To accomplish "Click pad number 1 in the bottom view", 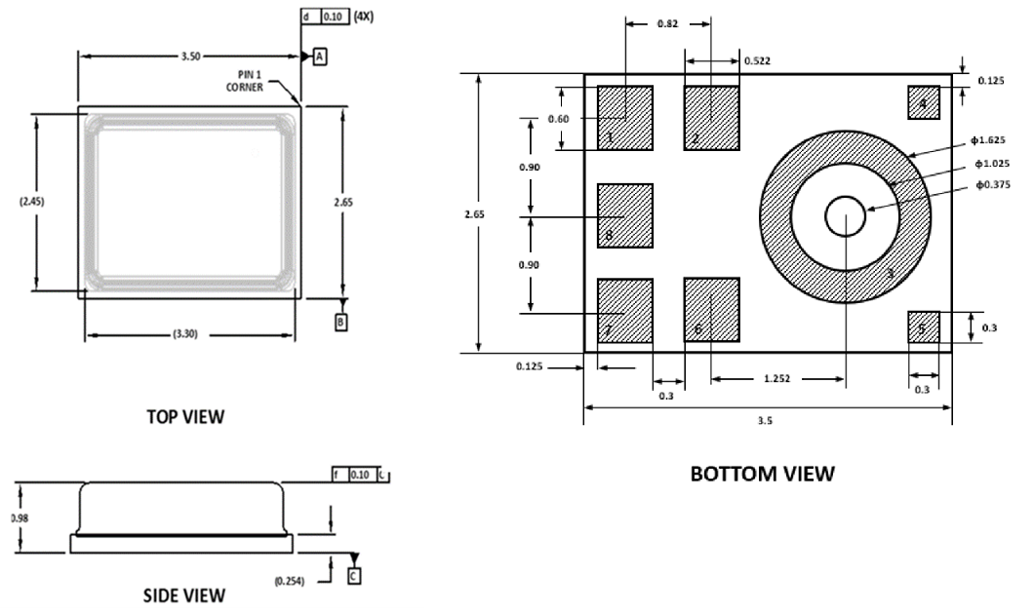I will pos(624,118).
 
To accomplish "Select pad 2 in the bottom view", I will pos(712,118).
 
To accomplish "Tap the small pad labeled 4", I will pos(923,102).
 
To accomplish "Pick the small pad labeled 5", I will pos(923,327).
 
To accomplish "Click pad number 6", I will pos(712,310).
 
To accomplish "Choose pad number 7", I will pos(624,310).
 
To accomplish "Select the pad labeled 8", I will pos(624,215).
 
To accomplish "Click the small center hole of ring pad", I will pos(845,215).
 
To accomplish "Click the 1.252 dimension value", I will pos(777,376).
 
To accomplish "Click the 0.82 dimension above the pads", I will pos(667,22).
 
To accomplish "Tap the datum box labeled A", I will pos(320,58).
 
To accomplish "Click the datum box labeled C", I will pos(353,576).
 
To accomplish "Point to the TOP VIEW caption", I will pos(185,416).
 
